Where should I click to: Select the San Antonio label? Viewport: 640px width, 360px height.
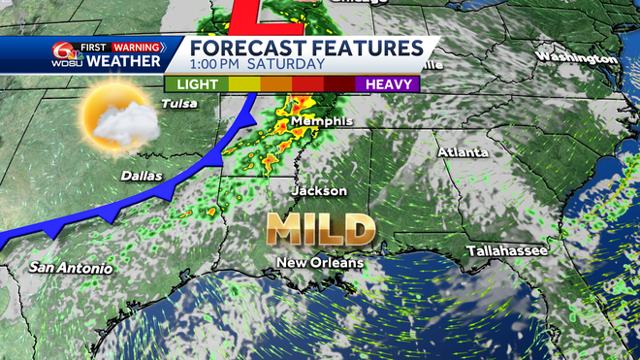70,268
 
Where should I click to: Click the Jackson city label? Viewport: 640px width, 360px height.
318,191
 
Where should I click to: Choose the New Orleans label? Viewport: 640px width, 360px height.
320,263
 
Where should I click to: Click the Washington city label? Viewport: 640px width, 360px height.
576,57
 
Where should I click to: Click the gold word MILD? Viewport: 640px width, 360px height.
322,230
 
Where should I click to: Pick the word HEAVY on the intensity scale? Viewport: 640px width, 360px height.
387,83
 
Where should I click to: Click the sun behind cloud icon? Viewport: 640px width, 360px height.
119,116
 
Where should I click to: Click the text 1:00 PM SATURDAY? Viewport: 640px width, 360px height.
257,64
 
